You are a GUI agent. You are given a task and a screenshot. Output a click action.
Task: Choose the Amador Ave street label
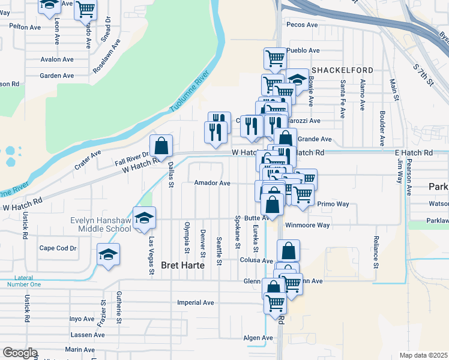212,183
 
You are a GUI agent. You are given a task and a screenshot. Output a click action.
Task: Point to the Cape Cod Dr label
58,248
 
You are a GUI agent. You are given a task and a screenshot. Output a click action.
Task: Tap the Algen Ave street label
258,338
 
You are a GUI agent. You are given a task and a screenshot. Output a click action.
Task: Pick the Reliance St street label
376,251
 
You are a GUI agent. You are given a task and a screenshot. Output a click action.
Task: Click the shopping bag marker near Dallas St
161,146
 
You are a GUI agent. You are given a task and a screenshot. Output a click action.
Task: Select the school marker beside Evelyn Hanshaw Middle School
144,218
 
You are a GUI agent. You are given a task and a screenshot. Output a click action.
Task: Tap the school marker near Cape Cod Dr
109,254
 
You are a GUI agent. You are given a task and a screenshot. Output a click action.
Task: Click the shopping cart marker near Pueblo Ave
275,59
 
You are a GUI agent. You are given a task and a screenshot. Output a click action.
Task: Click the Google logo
20,353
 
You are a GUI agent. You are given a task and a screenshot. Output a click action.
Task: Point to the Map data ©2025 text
423,355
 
